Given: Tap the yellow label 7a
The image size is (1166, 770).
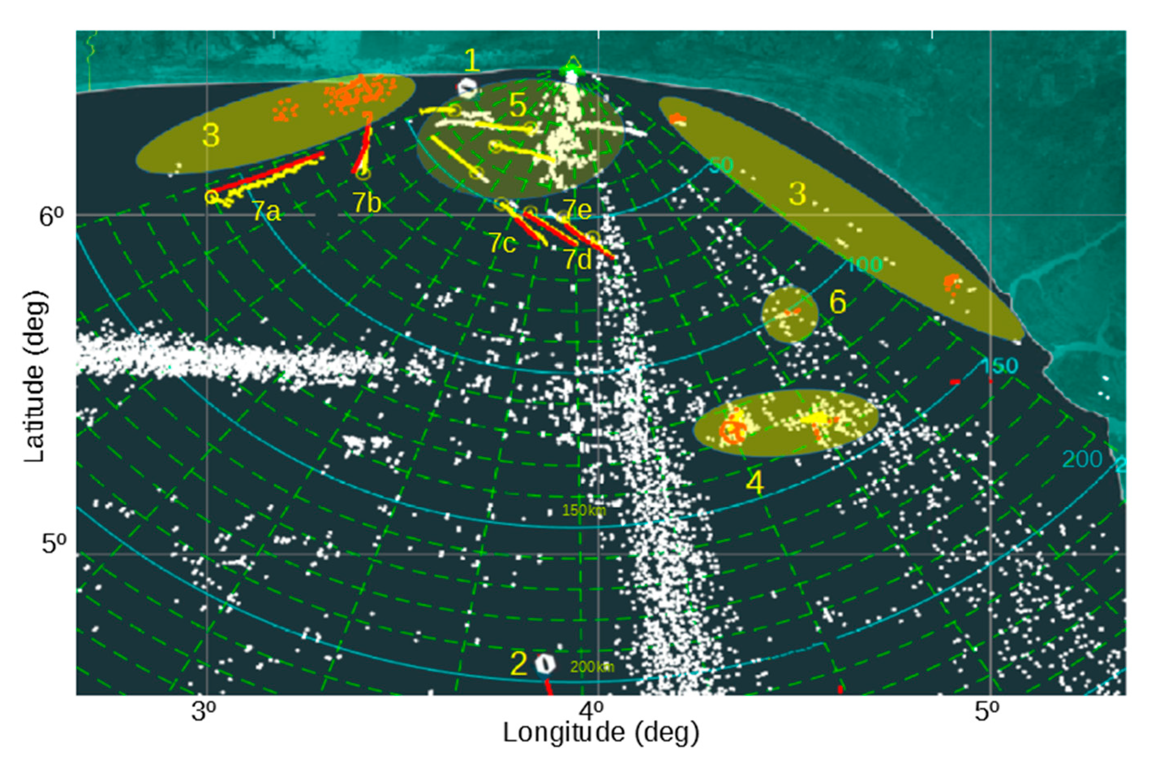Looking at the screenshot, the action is (x=267, y=212).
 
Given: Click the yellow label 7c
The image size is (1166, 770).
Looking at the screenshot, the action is (x=502, y=242).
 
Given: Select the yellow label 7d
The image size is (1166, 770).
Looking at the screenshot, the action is (x=577, y=259).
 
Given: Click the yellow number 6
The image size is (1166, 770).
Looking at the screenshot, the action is (x=838, y=302).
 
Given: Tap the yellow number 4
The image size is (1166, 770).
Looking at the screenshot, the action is (x=754, y=483).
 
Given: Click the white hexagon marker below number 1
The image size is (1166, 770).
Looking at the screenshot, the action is (x=468, y=89).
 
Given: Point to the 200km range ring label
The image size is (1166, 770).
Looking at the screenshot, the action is (x=592, y=667).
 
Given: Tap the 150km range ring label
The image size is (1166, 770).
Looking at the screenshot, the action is (x=584, y=511).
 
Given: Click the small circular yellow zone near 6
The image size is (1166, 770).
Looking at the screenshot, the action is (x=789, y=315).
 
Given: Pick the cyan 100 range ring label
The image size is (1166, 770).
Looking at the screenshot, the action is (x=864, y=265).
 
